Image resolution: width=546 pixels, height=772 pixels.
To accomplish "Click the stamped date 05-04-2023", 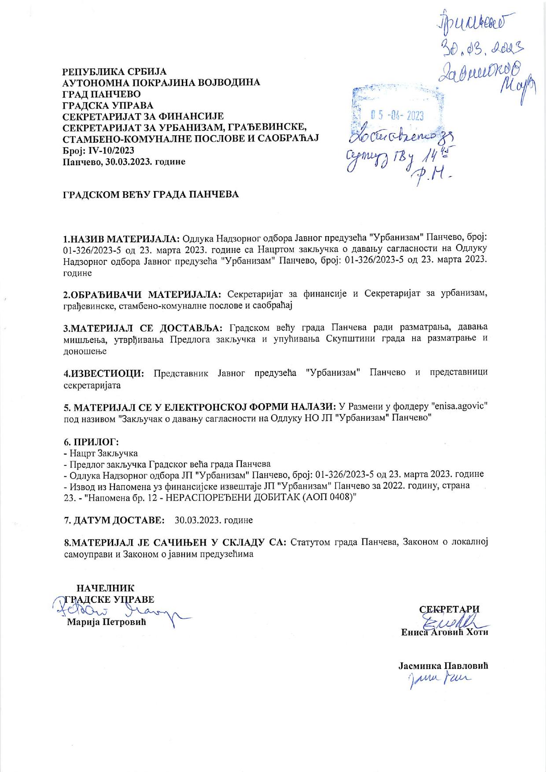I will (x=397, y=116).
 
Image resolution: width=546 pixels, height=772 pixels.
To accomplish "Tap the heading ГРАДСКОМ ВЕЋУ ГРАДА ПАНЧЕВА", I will (x=151, y=194).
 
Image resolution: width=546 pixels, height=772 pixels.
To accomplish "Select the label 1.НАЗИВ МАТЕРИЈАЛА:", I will (x=122, y=239).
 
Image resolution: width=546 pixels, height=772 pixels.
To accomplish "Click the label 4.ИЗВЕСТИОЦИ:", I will (x=104, y=373).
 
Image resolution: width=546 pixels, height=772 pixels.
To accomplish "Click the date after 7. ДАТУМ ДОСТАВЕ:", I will (x=214, y=520).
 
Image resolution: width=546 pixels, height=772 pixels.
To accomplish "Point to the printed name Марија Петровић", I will (x=106, y=622).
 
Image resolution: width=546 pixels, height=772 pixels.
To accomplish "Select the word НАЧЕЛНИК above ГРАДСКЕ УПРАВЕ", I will (x=106, y=588).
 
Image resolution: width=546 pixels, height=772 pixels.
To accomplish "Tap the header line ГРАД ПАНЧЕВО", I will (x=102, y=94).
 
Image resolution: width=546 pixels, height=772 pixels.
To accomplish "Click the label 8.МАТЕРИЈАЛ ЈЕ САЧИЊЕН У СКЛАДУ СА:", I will (x=175, y=542).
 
